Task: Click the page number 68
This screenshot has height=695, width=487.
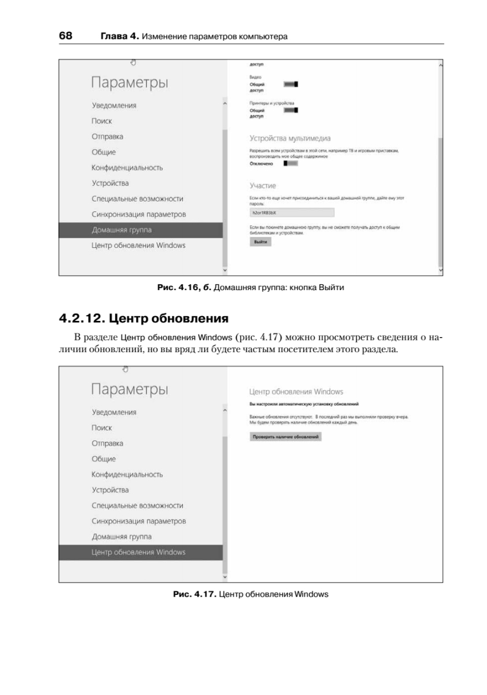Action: pyautogui.click(x=65, y=36)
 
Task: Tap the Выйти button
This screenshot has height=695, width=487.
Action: pyautogui.click(x=260, y=242)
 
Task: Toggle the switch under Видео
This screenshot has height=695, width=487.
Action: pyautogui.click(x=291, y=85)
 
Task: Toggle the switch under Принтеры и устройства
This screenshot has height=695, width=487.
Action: pyautogui.click(x=291, y=110)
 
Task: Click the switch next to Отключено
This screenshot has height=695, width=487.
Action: pyautogui.click(x=290, y=164)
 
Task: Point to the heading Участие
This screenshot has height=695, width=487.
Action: pyautogui.click(x=262, y=186)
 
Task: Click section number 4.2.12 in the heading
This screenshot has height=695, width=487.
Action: pyautogui.click(x=82, y=318)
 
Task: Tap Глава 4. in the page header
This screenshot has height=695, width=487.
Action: pyautogui.click(x=119, y=36)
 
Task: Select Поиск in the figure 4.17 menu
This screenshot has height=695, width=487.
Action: pyautogui.click(x=101, y=427)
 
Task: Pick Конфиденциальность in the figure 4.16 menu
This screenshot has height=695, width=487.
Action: pyautogui.click(x=127, y=168)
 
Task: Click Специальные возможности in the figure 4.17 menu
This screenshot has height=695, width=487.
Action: pyautogui.click(x=137, y=506)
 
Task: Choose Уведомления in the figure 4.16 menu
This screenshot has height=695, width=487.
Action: pyautogui.click(x=114, y=106)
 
